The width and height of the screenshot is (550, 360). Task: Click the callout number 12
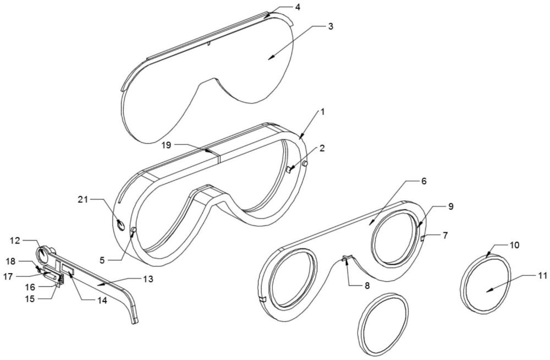pos(14,240)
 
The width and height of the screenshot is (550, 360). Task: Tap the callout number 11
pos(542,276)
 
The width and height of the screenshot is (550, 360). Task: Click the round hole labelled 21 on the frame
pos(120,224)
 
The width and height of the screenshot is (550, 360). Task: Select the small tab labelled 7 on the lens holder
pos(423,238)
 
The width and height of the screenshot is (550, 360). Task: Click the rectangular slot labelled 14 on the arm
pos(69,269)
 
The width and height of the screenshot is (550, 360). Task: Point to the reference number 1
pos(323,111)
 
